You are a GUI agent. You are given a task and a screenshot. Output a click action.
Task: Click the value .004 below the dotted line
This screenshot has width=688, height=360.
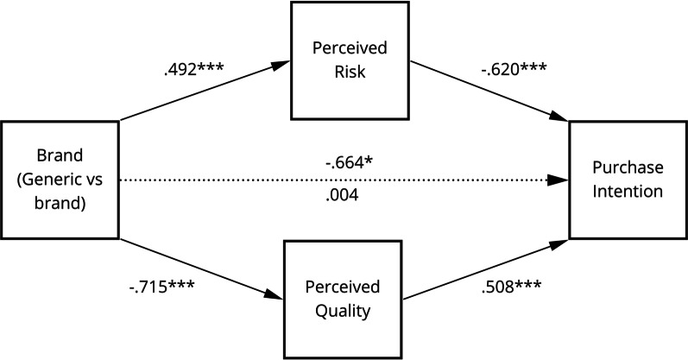tap(342, 197)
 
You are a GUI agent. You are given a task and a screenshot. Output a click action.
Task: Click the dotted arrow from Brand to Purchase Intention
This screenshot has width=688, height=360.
tap(259, 180)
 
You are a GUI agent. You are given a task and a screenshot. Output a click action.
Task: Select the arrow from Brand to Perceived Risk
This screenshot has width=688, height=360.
tap(203, 93)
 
